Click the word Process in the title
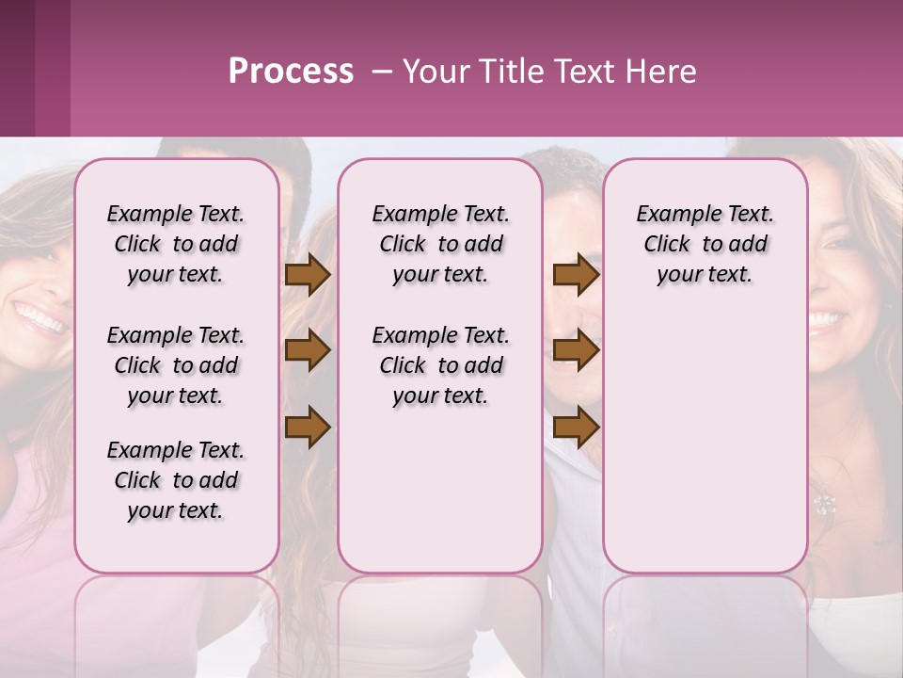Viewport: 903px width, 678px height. [291, 72]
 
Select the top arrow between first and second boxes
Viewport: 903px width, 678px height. [308, 275]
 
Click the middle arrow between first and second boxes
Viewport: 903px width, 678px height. [308, 351]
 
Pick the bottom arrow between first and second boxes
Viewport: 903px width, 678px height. [308, 428]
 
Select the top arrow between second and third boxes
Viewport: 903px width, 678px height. [576, 275]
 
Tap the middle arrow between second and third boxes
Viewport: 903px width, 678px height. [576, 351]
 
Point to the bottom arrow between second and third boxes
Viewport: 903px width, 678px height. [576, 428]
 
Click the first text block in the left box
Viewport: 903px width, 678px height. [176, 244]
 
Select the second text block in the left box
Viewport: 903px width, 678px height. [176, 365]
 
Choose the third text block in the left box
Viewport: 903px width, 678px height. [176, 480]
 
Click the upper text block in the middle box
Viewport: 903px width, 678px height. [440, 244]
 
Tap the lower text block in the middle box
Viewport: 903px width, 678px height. [440, 365]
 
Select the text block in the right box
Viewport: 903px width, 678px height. [705, 244]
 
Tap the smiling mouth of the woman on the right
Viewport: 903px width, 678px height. [827, 320]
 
